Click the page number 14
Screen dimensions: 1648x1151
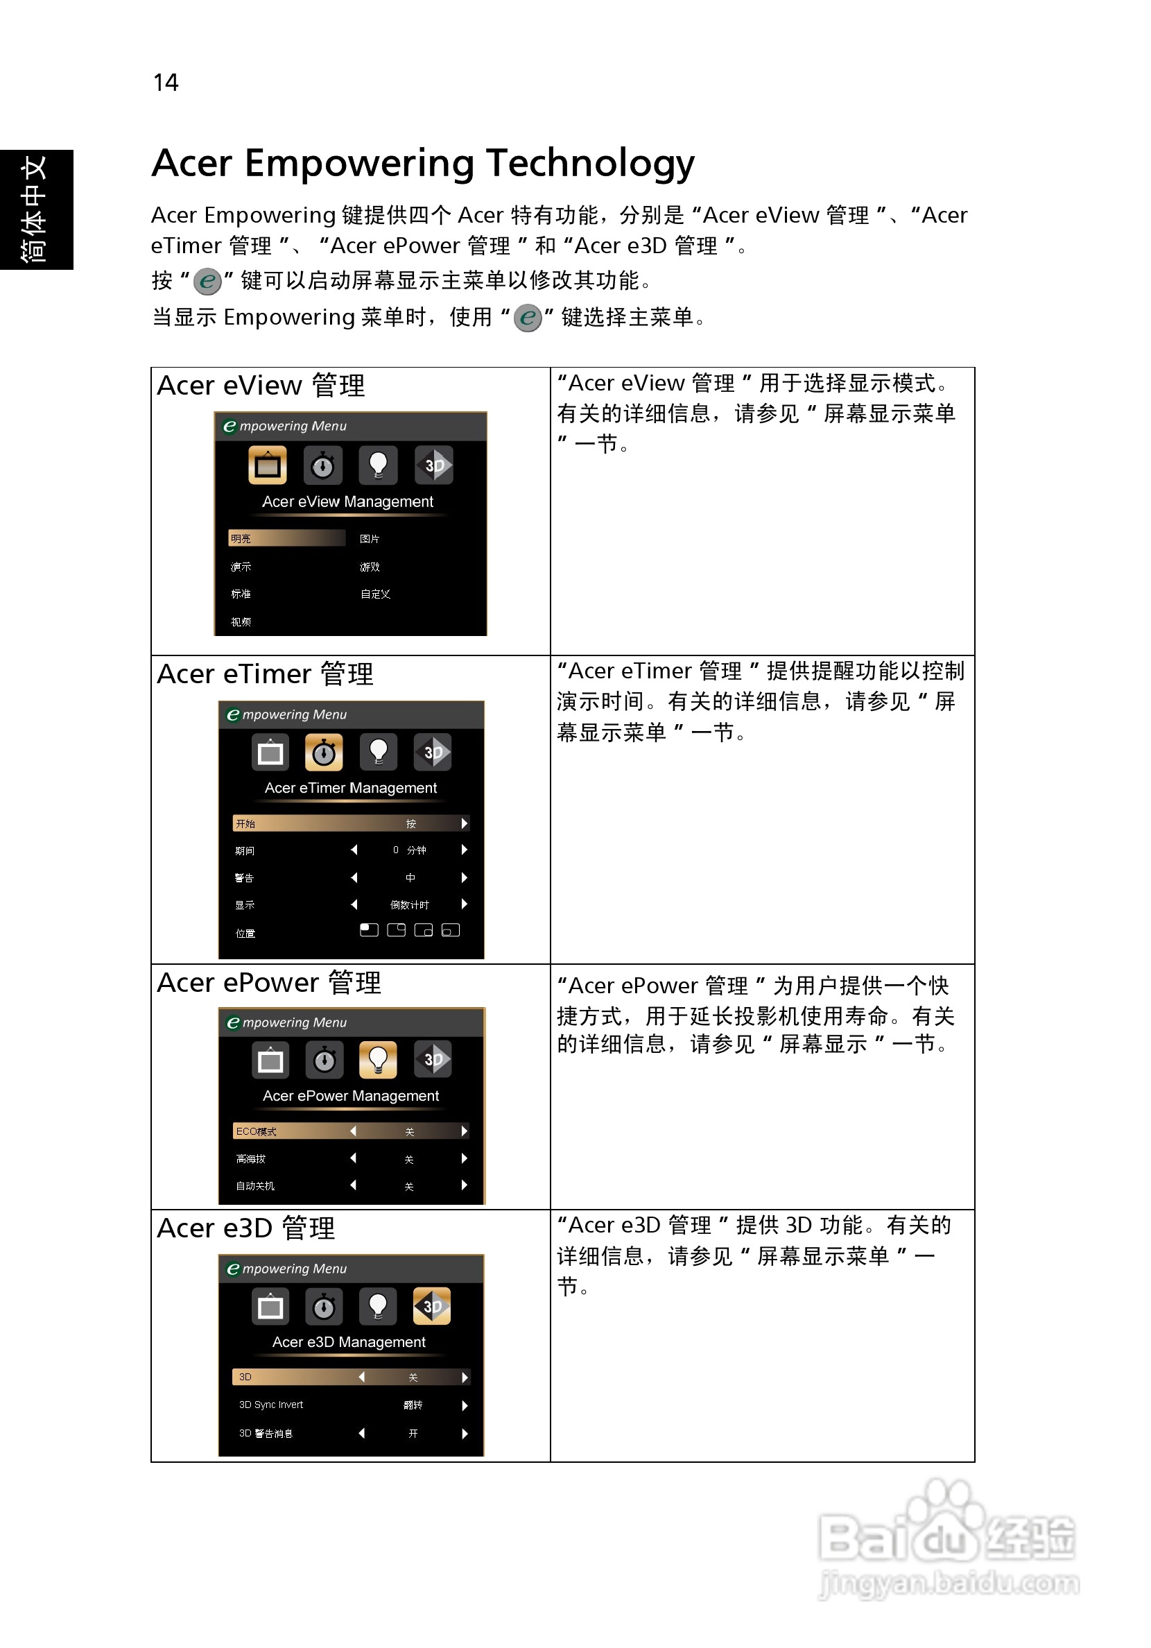click(166, 83)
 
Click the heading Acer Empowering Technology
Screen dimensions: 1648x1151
click(423, 163)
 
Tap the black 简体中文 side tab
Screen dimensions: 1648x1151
click(36, 209)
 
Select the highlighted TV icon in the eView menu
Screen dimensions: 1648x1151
click(267, 465)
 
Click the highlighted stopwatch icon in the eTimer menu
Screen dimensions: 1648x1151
click(324, 753)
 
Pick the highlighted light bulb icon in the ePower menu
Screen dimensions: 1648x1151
click(378, 1060)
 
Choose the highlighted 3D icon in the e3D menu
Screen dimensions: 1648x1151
click(432, 1306)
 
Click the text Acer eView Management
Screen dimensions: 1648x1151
click(347, 501)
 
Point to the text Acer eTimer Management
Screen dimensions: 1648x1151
click(350, 788)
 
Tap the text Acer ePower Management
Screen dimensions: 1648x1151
click(350, 1096)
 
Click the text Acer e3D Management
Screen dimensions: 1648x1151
click(349, 1342)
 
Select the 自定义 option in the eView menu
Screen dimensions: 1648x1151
click(375, 594)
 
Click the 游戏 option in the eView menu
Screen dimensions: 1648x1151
click(370, 567)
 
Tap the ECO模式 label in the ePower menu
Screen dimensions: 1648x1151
click(256, 1132)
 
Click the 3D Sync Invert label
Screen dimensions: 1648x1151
click(270, 1405)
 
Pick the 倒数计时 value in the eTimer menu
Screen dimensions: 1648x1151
click(409, 905)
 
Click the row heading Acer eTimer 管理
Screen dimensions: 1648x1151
click(265, 675)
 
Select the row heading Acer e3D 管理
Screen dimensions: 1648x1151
click(245, 1229)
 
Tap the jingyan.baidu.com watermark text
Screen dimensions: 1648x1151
click(949, 1583)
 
